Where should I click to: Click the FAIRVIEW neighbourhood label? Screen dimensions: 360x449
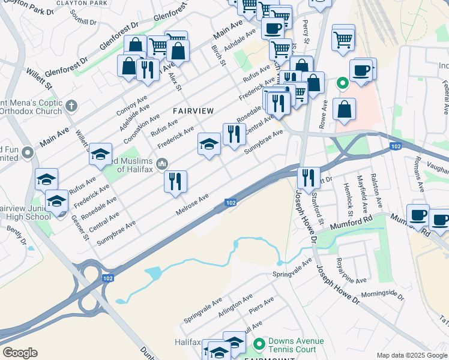click(x=193, y=111)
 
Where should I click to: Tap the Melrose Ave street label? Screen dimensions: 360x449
click(x=192, y=205)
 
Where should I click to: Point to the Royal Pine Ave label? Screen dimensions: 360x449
click(x=352, y=272)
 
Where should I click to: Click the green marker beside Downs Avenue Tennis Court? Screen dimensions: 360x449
click(x=259, y=344)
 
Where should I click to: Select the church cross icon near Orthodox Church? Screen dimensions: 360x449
click(x=71, y=106)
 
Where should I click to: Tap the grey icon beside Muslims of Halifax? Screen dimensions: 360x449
click(x=161, y=163)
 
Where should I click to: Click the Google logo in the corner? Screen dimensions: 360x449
click(x=20, y=353)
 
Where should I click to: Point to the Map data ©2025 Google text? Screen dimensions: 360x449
click(x=412, y=355)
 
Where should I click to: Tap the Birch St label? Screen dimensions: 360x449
click(x=218, y=55)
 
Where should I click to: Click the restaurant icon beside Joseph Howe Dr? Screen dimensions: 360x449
click(x=309, y=177)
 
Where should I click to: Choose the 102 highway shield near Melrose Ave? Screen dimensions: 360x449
click(x=231, y=203)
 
